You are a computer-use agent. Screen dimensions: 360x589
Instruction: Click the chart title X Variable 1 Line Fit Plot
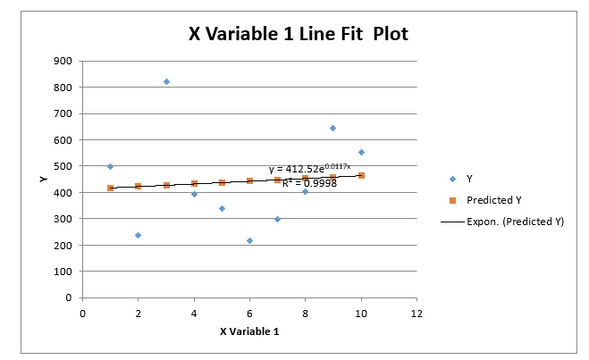[299, 34]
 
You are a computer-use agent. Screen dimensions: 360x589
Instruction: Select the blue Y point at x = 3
[166, 81]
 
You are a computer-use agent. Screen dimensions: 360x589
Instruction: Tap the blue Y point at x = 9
[333, 128]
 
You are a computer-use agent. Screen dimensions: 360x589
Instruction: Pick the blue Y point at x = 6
[249, 240]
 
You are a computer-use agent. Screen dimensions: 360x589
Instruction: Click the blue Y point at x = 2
[139, 235]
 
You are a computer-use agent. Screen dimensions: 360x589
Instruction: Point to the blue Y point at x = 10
[361, 152]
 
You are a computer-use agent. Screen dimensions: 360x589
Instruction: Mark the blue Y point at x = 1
[111, 166]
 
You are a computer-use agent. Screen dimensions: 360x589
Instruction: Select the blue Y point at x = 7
[277, 219]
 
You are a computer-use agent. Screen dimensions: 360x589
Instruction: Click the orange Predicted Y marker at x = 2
[139, 186]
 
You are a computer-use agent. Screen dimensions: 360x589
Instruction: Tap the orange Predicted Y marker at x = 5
[222, 182]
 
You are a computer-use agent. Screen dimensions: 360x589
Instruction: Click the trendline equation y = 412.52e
[304, 169]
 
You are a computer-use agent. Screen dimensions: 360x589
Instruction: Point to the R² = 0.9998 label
[309, 182]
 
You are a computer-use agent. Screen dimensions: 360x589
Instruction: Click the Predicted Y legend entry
[494, 199]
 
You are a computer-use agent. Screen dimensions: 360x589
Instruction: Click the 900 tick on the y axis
[62, 62]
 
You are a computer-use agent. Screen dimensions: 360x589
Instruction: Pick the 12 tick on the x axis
[417, 313]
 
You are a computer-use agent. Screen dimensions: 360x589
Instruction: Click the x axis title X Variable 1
[249, 331]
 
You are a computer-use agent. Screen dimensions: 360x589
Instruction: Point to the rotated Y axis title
[42, 179]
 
